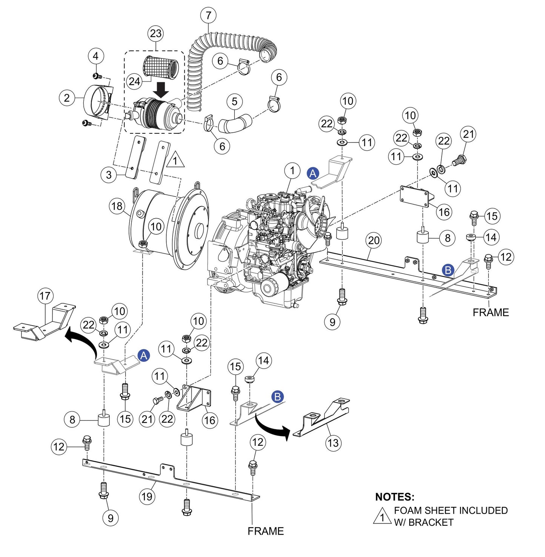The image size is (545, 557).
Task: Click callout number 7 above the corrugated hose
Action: pyautogui.click(x=209, y=15)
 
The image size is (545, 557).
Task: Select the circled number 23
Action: pyautogui.click(x=156, y=34)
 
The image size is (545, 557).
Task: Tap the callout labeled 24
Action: pyautogui.click(x=135, y=81)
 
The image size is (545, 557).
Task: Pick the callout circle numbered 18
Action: pyautogui.click(x=117, y=206)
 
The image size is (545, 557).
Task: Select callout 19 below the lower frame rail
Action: pyautogui.click(x=147, y=496)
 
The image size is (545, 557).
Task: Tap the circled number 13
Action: pyautogui.click(x=333, y=442)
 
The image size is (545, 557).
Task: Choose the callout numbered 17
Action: pyautogui.click(x=45, y=296)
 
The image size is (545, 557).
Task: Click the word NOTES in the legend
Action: pyautogui.click(x=395, y=497)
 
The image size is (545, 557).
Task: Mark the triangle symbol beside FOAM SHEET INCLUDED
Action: pyautogui.click(x=382, y=516)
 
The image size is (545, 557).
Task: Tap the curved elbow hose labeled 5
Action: pyautogui.click(x=235, y=122)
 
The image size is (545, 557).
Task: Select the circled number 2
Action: pyautogui.click(x=67, y=98)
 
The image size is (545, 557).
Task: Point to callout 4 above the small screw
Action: pyautogui.click(x=96, y=56)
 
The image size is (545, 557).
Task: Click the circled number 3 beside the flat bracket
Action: pyautogui.click(x=109, y=174)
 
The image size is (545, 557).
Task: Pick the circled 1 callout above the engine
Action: pyautogui.click(x=292, y=170)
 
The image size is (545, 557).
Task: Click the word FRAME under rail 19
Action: pyautogui.click(x=266, y=531)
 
